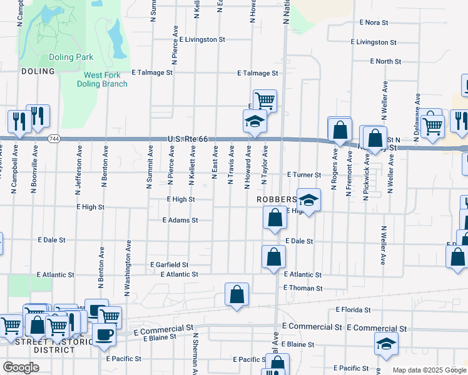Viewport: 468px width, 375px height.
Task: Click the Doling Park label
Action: point(71,57)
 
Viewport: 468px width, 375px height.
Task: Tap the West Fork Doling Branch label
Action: point(106,80)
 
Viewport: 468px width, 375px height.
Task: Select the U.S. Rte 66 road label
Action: point(187,140)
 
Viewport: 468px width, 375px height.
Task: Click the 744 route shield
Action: point(56,139)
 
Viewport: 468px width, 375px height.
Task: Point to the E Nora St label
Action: point(375,22)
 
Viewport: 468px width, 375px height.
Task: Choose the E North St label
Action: point(385,61)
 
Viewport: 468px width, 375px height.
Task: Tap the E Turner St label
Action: point(304,175)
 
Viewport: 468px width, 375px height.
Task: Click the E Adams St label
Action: point(180,220)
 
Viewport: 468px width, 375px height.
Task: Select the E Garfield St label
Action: point(170,264)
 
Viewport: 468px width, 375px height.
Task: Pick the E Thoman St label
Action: point(303,288)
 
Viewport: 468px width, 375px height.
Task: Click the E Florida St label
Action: point(354,309)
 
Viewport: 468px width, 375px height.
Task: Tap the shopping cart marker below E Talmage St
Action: point(265,100)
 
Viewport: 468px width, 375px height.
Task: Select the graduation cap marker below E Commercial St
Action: point(386,343)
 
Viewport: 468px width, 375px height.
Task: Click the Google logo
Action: point(21,367)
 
